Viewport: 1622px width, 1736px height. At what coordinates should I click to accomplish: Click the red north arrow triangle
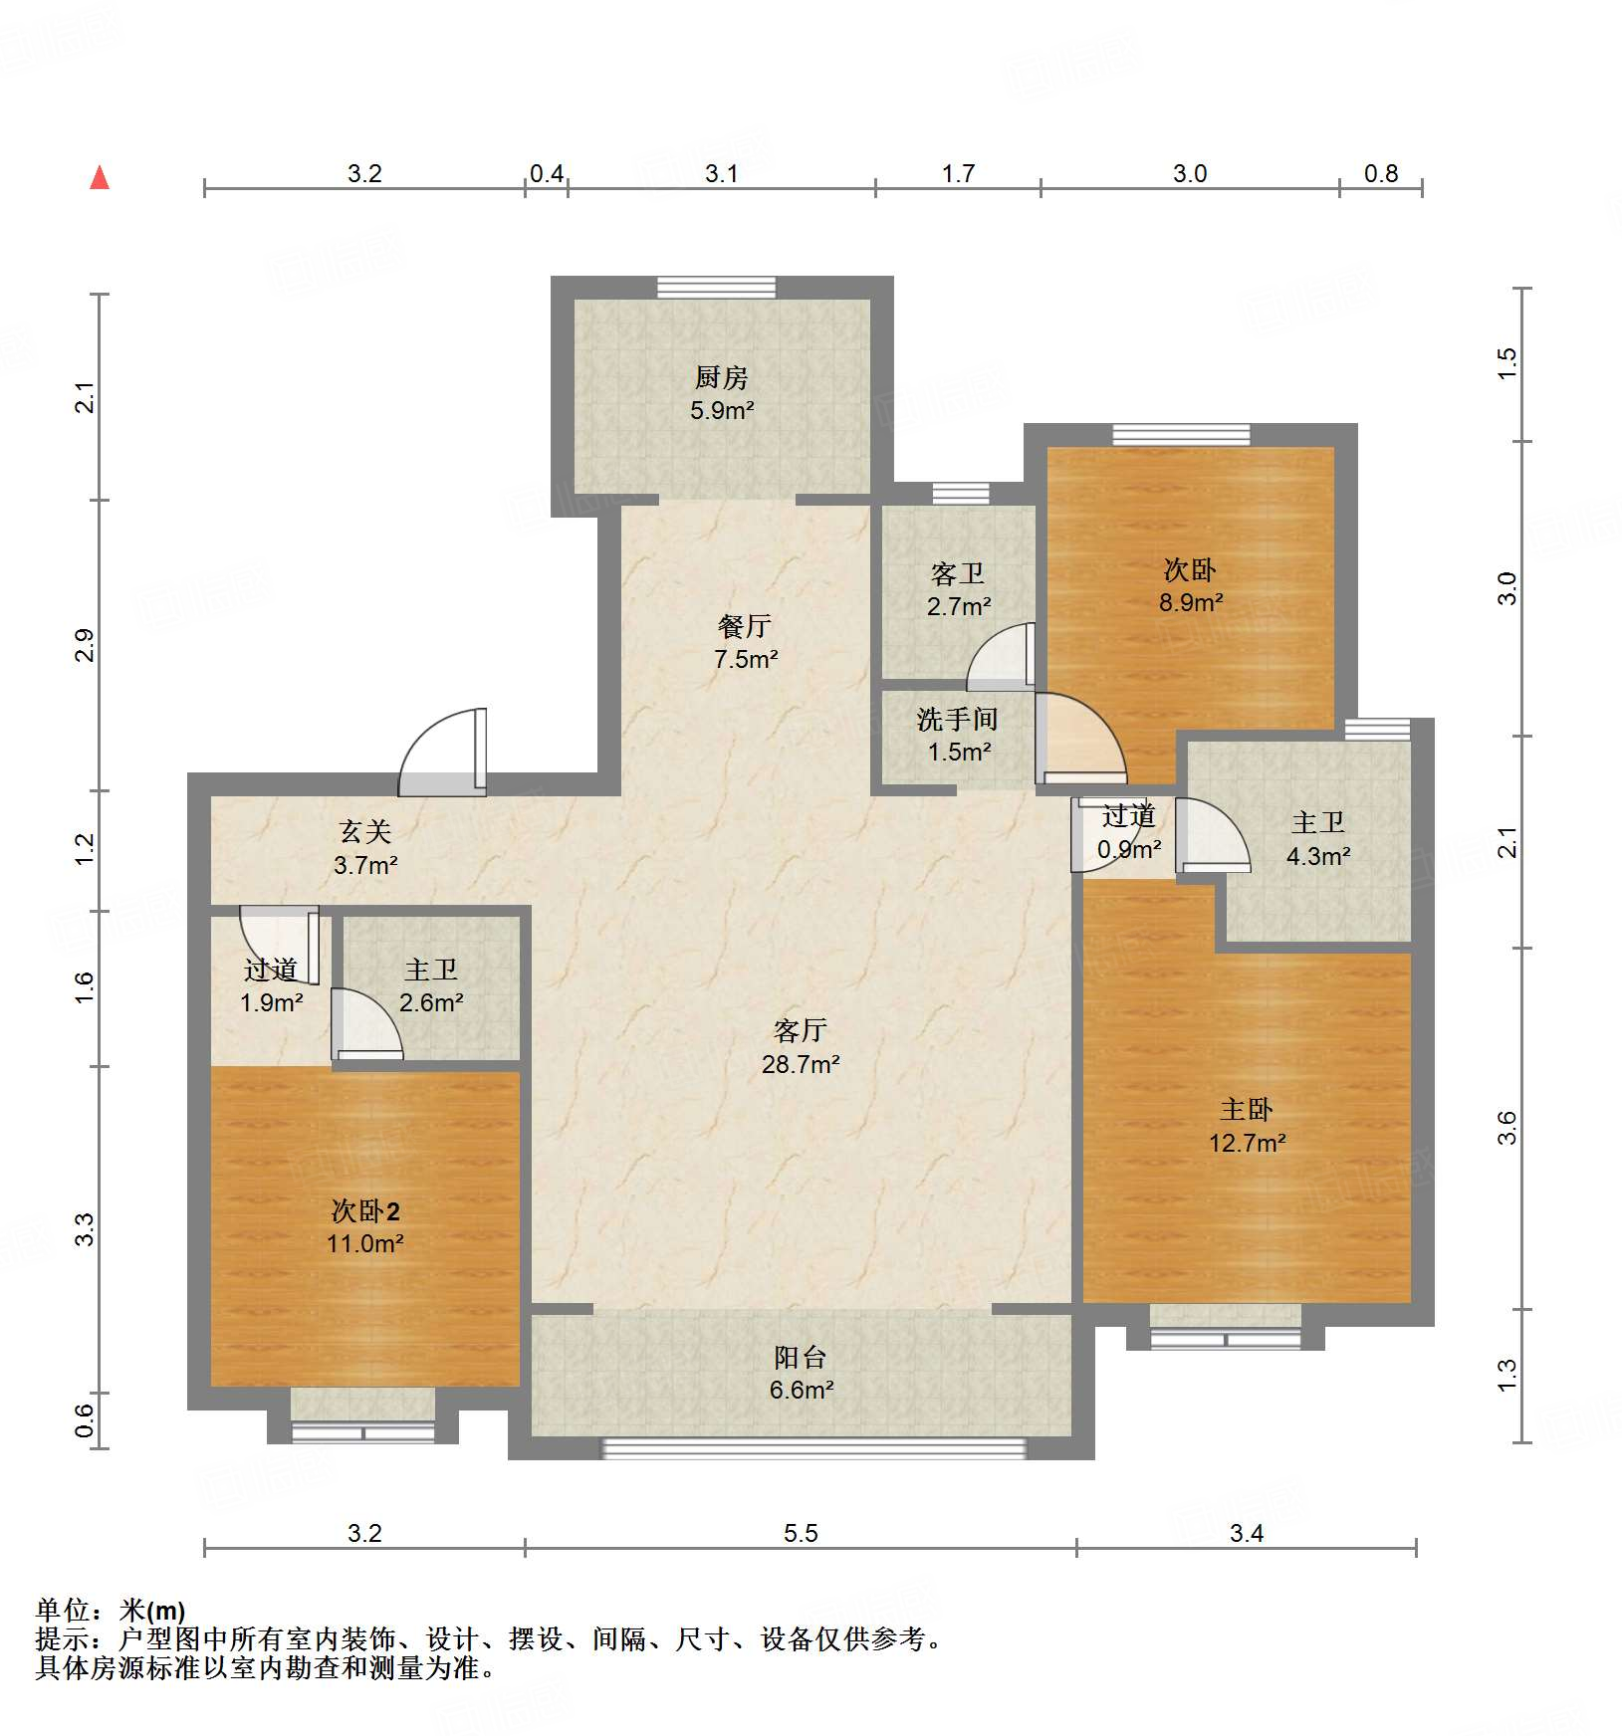coord(100,178)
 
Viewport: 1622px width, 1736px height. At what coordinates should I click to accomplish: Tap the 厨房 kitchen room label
coord(721,378)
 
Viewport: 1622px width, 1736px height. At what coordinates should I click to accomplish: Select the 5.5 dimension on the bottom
coord(800,1533)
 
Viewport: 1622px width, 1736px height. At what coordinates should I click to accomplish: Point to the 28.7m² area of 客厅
coord(801,1064)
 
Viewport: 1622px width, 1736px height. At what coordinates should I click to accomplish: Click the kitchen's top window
coord(716,288)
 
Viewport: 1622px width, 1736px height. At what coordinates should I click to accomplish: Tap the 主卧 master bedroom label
coord(1247,1110)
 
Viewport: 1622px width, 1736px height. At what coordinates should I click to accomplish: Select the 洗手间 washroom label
coord(957,719)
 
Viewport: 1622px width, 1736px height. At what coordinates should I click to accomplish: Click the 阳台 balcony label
coord(801,1357)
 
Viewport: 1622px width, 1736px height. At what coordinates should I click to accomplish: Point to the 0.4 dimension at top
coord(546,174)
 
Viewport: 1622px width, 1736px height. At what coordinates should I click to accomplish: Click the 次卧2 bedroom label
coord(365,1211)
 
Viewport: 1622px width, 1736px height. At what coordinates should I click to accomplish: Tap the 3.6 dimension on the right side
coord(1506,1128)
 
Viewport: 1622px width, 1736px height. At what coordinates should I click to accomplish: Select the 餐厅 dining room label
coord(745,626)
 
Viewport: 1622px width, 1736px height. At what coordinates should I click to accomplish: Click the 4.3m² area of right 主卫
coord(1318,856)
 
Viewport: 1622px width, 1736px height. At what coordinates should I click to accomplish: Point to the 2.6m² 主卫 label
coord(431,1002)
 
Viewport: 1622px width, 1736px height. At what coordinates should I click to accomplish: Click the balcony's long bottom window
coord(813,1448)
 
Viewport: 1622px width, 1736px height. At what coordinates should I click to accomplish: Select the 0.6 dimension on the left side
coord(86,1420)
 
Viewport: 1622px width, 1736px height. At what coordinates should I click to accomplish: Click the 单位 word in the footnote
coord(62,1611)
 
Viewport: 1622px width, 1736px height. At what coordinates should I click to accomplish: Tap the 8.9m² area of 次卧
coord(1191,602)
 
